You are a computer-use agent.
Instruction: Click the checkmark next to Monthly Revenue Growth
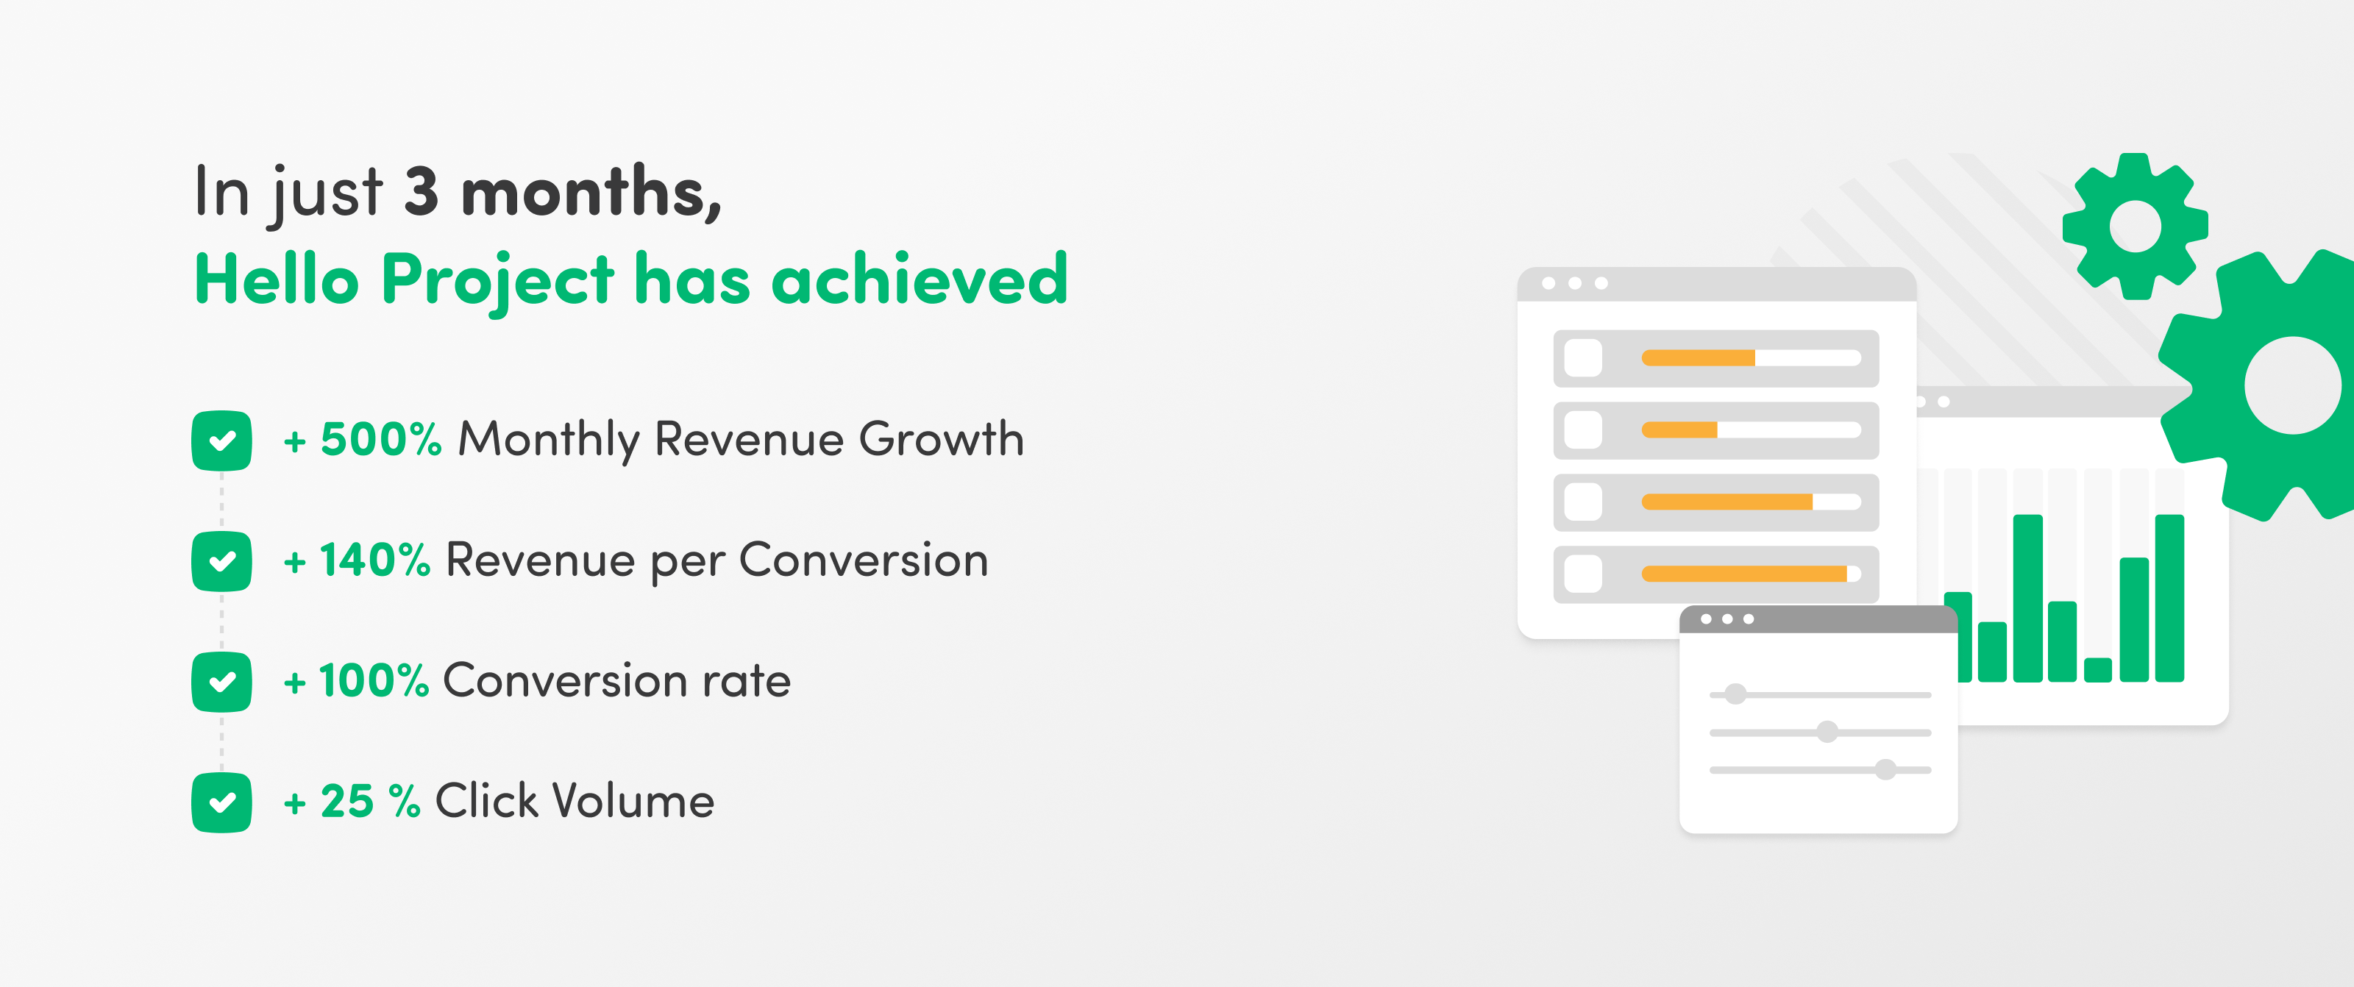click(222, 441)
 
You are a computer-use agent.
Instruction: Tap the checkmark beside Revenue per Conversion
click(222, 561)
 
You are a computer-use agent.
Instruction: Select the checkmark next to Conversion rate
click(222, 682)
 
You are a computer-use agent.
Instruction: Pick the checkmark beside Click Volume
click(222, 802)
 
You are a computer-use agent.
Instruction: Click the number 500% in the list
click(381, 440)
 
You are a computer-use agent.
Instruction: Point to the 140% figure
click(374, 560)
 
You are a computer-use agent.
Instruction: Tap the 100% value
click(374, 681)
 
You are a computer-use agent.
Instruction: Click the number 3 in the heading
click(422, 192)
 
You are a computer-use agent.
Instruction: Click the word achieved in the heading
click(920, 279)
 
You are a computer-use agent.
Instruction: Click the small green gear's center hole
click(2135, 226)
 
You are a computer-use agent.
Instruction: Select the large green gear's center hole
click(2294, 385)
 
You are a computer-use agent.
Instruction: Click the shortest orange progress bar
click(1679, 430)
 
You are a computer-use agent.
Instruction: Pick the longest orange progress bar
click(1744, 574)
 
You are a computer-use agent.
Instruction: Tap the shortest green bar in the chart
click(2098, 670)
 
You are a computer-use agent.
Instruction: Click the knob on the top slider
click(1735, 694)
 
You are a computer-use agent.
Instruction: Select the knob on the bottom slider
click(1886, 769)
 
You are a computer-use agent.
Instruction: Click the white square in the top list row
click(1584, 358)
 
